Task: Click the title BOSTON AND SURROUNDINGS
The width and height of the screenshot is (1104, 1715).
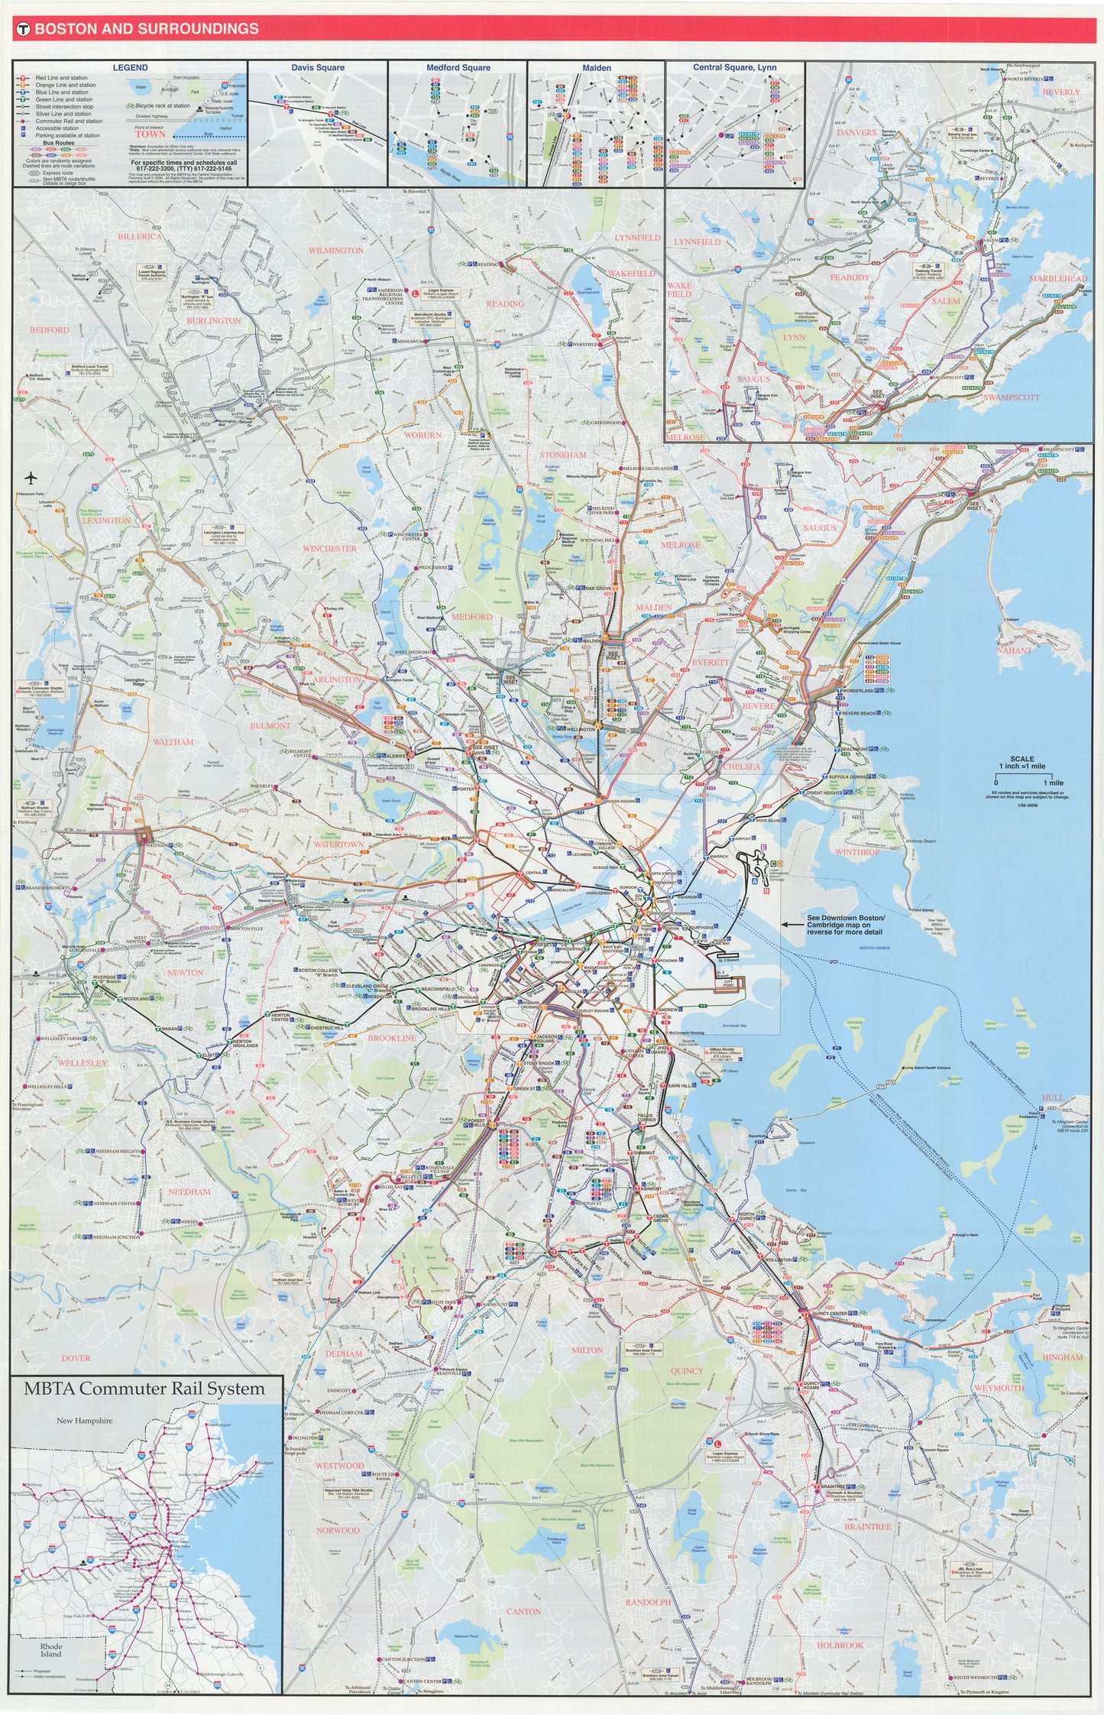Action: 147,29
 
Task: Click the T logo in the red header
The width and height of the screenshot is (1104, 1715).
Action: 23,29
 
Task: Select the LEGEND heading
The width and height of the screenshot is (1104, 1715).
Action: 130,68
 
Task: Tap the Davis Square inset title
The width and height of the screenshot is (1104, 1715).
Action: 318,68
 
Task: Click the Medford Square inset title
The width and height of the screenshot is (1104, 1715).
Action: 458,68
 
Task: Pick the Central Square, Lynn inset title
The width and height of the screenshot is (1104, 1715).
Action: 734,68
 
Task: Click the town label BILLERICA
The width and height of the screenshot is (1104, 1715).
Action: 140,237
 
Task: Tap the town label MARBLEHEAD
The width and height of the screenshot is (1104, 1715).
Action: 1057,279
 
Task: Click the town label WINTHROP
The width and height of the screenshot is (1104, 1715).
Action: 857,852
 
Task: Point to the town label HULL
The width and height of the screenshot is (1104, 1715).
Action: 1053,1097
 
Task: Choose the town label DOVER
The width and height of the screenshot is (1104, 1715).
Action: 76,1358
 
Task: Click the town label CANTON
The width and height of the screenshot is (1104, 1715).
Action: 523,1611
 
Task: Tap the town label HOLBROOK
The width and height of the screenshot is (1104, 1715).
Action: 840,1645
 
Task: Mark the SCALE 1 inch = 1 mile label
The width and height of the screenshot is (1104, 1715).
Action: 1021,763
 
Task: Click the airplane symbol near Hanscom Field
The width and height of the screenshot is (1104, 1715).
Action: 31,479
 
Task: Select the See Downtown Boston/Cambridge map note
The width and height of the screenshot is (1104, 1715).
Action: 846,924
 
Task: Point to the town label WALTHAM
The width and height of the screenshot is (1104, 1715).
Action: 173,742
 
